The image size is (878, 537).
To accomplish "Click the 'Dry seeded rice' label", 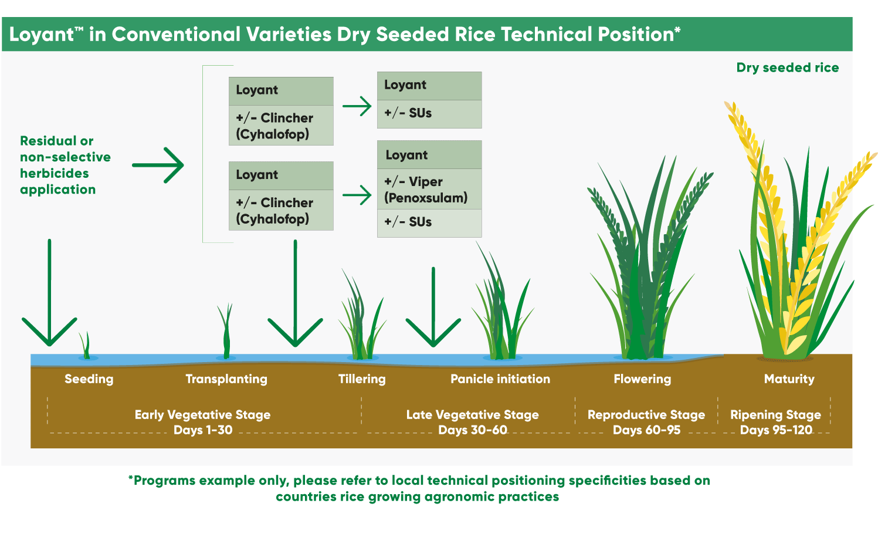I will coord(787,67).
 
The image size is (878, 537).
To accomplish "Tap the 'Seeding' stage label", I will coord(89,379).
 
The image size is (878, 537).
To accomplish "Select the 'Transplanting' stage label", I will coord(226,379).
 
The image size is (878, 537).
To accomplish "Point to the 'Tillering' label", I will coord(362,379).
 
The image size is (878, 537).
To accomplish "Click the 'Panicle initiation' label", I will coord(500,379).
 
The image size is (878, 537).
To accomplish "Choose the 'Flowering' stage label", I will coord(642,379).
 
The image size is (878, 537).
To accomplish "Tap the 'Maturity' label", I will coord(789,379).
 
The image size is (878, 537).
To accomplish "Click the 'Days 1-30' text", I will coord(203,430).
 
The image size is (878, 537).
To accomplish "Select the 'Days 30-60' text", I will coord(473,430).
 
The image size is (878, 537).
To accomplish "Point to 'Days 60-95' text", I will coord(646,430).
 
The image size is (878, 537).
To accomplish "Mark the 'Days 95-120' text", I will coord(776,430).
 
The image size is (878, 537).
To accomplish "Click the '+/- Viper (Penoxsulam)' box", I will coord(429,190).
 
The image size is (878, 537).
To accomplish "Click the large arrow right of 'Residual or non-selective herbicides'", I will coord(158,165).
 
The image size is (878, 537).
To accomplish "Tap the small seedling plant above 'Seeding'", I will coord(87,346).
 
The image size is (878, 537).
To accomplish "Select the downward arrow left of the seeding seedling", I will coord(49,293).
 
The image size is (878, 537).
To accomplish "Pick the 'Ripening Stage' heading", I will coord(775,415).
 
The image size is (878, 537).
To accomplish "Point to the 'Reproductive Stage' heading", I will coord(646,415).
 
